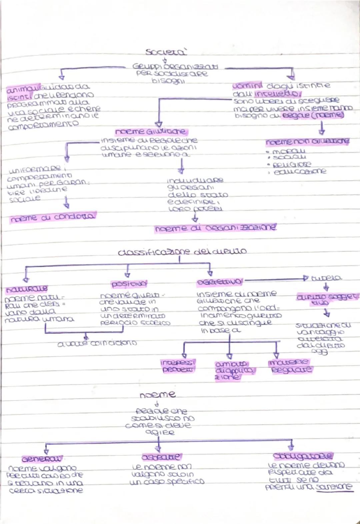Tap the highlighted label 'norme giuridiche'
[151, 132]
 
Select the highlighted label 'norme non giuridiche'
[307, 142]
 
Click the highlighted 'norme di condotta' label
[53, 217]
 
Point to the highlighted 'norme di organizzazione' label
[215, 228]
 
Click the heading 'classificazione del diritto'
[182, 251]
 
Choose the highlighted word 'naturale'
[27, 289]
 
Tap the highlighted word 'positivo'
[129, 284]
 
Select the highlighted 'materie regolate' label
[290, 366]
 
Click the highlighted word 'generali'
[42, 459]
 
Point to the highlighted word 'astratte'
[161, 456]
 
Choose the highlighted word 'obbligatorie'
[303, 456]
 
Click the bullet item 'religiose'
[292, 165]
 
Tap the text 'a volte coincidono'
[97, 343]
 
